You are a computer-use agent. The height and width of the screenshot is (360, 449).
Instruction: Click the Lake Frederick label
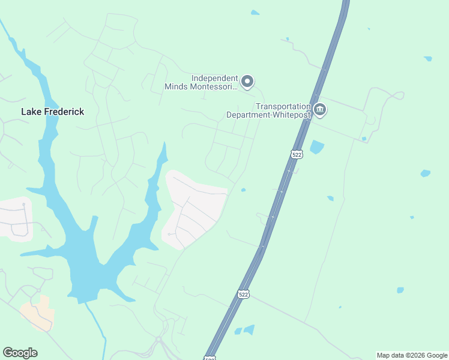(52, 112)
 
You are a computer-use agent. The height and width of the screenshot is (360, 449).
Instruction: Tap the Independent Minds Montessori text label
(201, 82)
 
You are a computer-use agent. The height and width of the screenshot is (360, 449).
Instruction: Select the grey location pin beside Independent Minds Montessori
(247, 82)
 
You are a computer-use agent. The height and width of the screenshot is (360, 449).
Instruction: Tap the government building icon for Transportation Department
(320, 110)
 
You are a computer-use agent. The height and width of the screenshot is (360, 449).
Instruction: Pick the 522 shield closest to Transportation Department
(297, 154)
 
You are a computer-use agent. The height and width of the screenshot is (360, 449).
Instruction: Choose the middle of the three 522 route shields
(243, 294)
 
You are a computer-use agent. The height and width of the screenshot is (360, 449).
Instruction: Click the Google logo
(20, 353)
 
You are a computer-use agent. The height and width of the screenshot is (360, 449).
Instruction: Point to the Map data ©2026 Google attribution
(412, 355)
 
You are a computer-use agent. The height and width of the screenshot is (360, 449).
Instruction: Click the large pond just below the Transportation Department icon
(316, 147)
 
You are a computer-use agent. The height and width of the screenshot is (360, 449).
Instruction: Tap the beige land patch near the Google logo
(38, 312)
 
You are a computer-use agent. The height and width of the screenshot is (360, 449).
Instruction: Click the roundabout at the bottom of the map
(159, 341)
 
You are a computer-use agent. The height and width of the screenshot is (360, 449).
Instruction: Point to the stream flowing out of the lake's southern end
(96, 324)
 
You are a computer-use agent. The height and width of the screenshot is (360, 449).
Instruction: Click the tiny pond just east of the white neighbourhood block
(243, 190)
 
